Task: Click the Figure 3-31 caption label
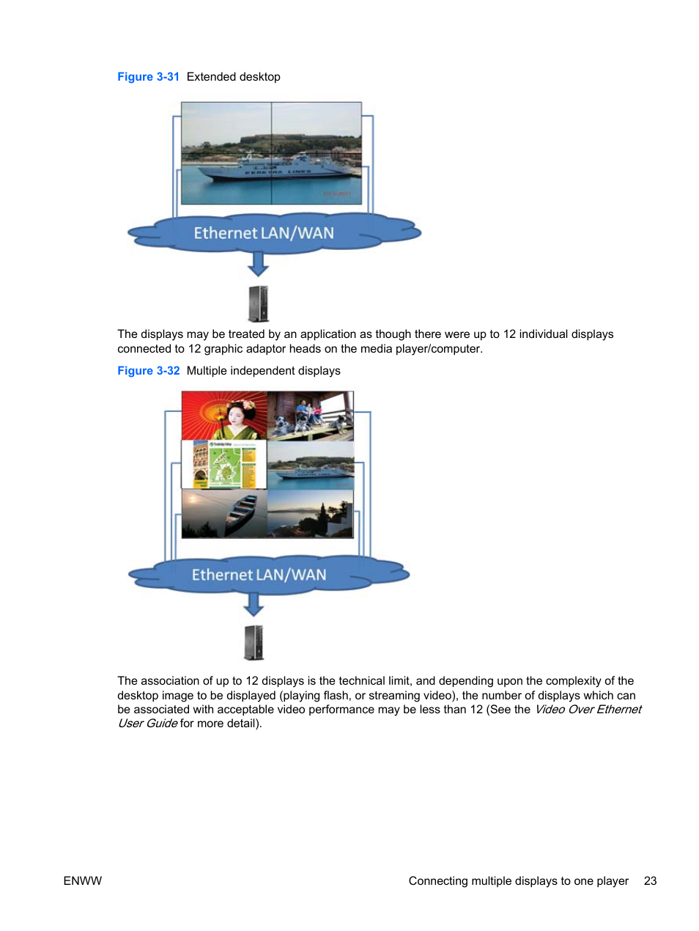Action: click(x=148, y=77)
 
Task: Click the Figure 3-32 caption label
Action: click(x=148, y=371)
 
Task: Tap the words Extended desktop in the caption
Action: click(x=233, y=77)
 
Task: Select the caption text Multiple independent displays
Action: click(x=263, y=371)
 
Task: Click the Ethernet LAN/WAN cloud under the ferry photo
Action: click(x=264, y=233)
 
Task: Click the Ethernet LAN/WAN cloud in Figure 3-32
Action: click(x=259, y=575)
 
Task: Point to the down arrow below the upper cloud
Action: click(x=258, y=263)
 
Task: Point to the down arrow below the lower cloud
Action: click(x=254, y=604)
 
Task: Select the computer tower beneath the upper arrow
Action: click(x=259, y=303)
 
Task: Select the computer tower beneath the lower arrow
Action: click(x=254, y=642)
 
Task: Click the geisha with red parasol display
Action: click(x=224, y=416)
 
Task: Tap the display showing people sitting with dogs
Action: click(x=310, y=416)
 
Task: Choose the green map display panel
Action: click(x=224, y=465)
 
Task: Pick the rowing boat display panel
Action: click(x=224, y=514)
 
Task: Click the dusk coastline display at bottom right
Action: click(x=310, y=514)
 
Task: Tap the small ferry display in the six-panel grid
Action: click(x=310, y=465)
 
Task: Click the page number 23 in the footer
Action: click(x=650, y=881)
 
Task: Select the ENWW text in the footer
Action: click(x=83, y=881)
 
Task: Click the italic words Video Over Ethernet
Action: click(x=588, y=710)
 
